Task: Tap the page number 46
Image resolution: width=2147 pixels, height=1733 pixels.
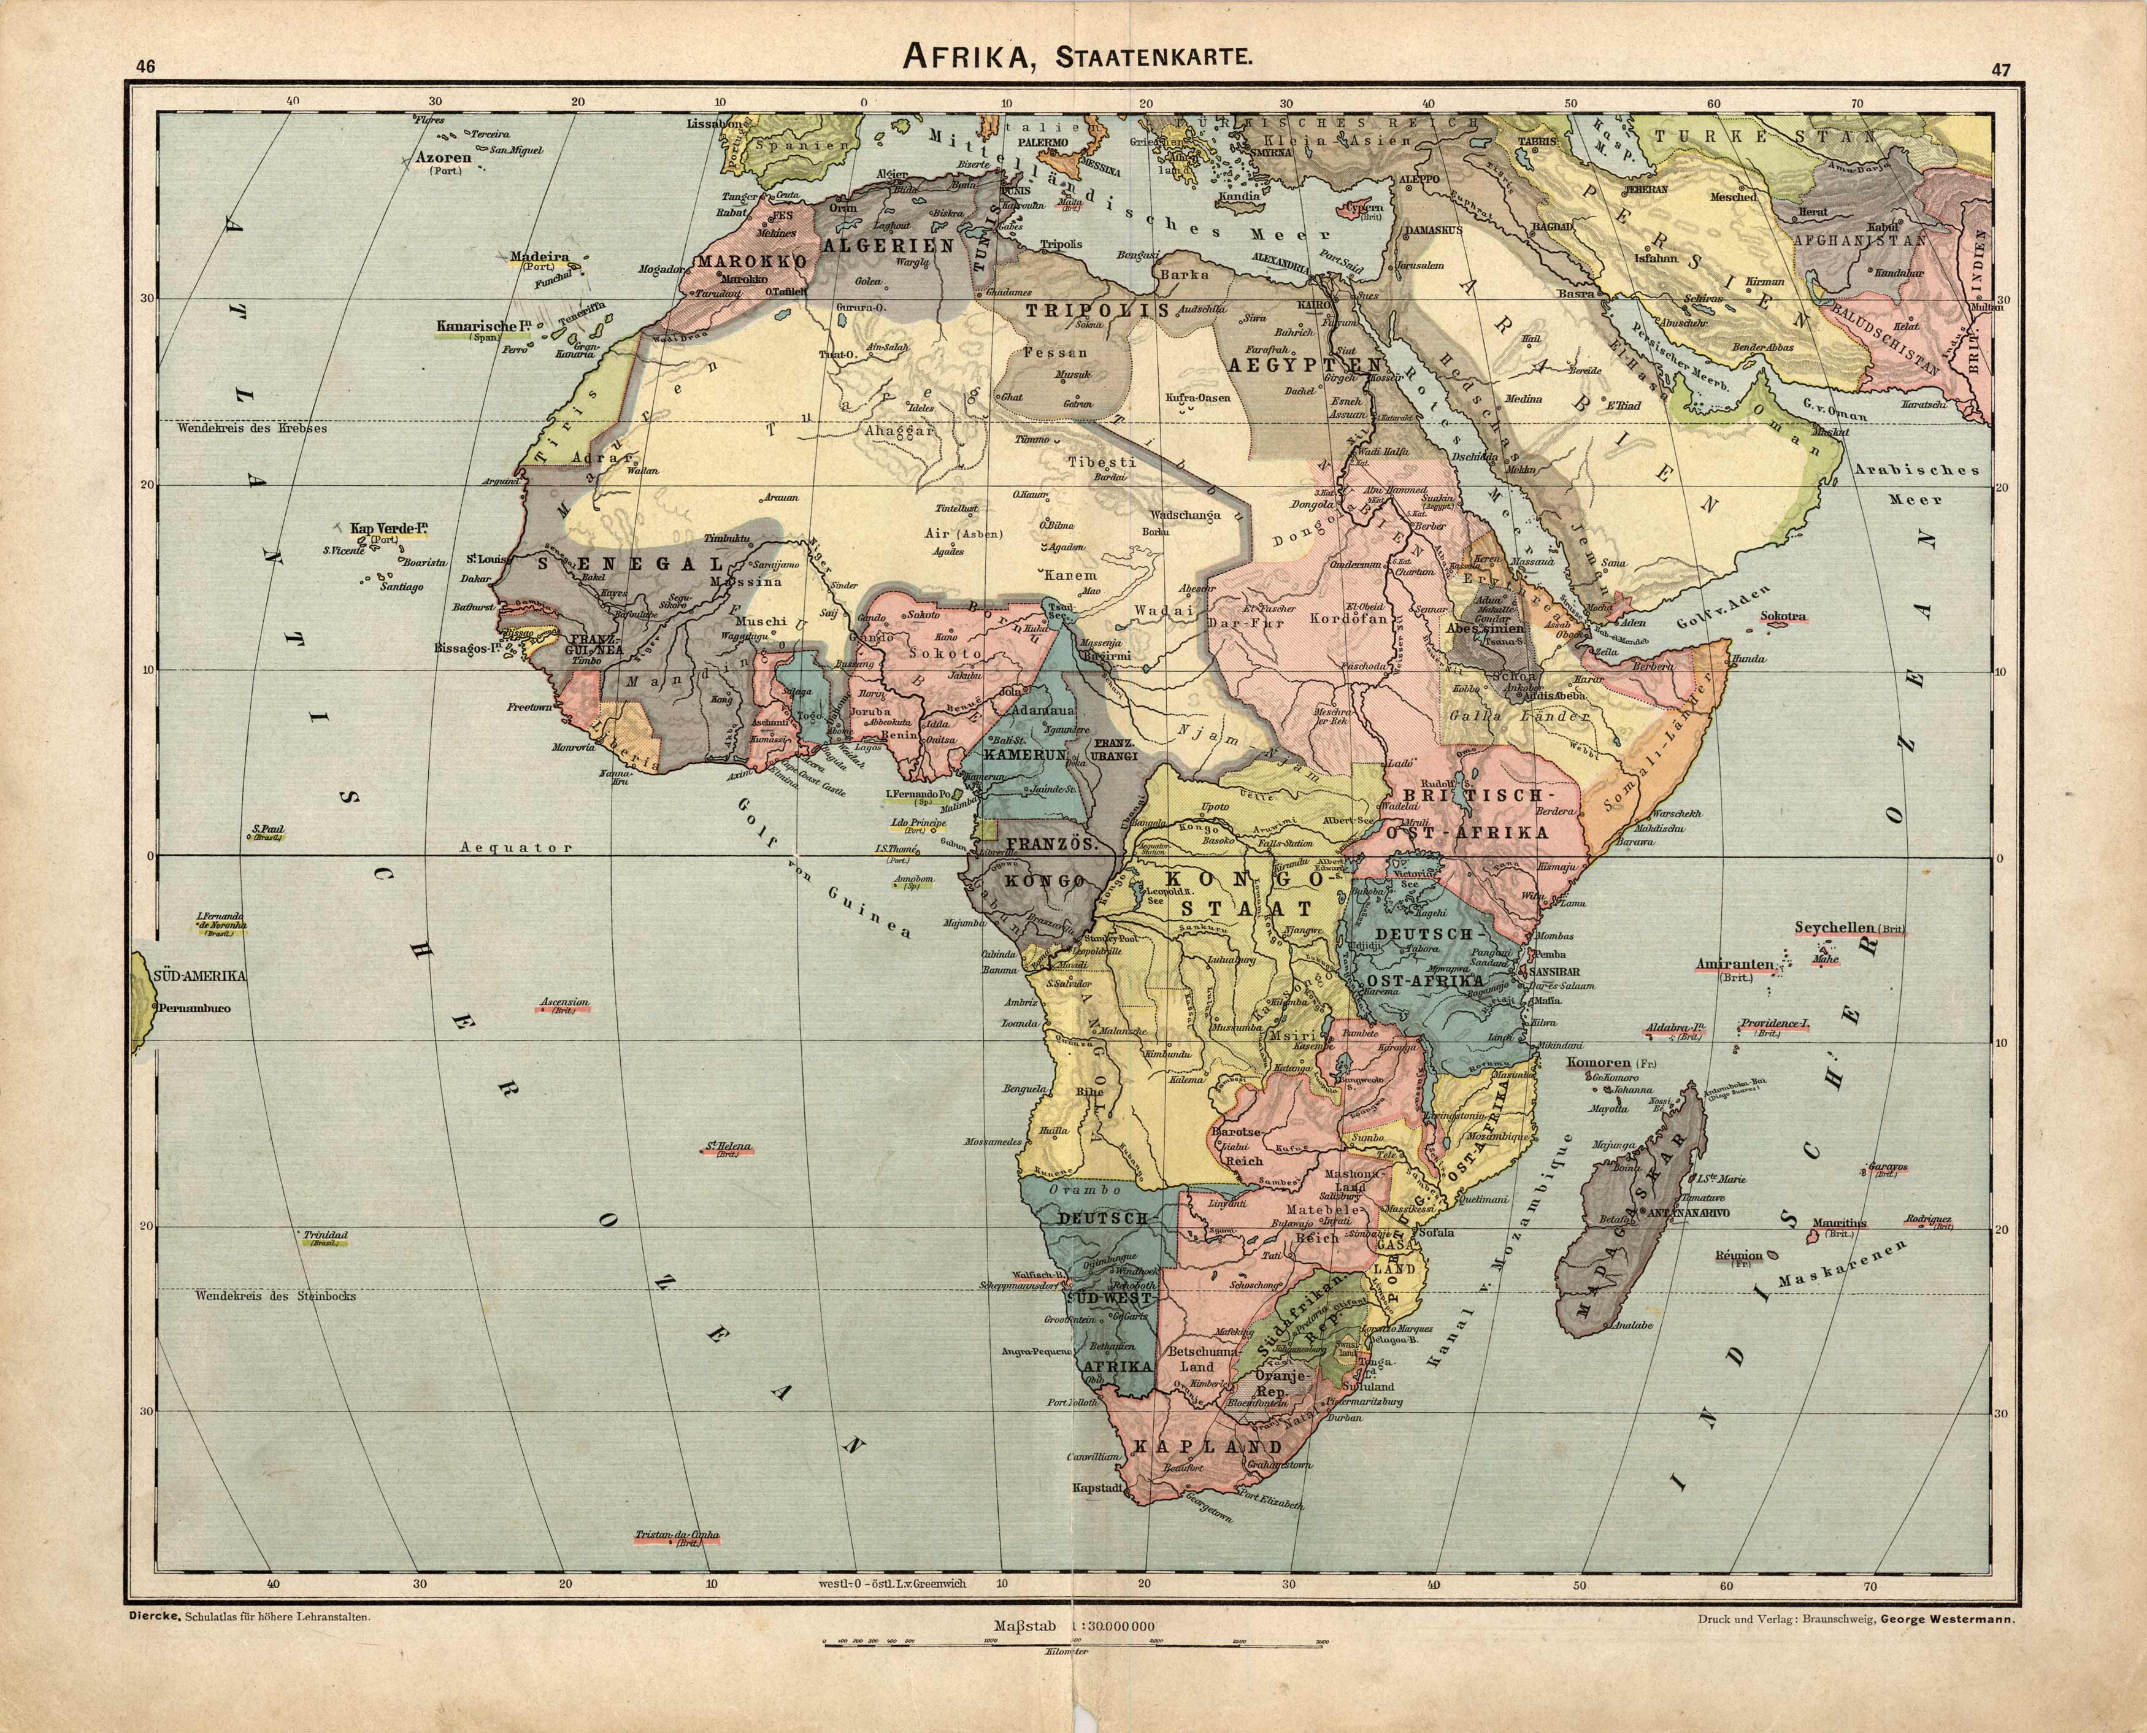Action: [x=146, y=68]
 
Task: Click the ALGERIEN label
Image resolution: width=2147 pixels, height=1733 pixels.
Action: [x=889, y=245]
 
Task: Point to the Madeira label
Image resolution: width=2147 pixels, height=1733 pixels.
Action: [x=539, y=256]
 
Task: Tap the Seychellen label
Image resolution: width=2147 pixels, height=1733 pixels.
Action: [x=1835, y=926]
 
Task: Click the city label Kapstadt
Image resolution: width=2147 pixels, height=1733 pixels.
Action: [x=1098, y=1515]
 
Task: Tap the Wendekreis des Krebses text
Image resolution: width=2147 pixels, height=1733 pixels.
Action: [x=253, y=428]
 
